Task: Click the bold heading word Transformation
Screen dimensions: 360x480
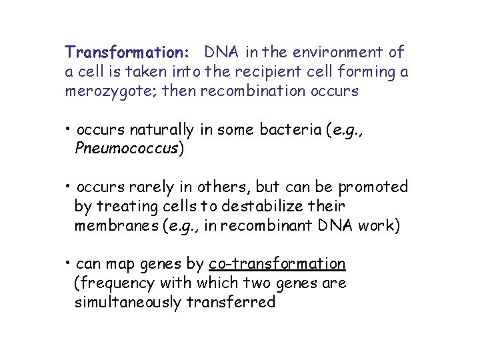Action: tap(127, 51)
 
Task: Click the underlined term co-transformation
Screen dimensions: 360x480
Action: tap(277, 264)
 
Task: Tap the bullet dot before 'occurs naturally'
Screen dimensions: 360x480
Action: tap(69, 129)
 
